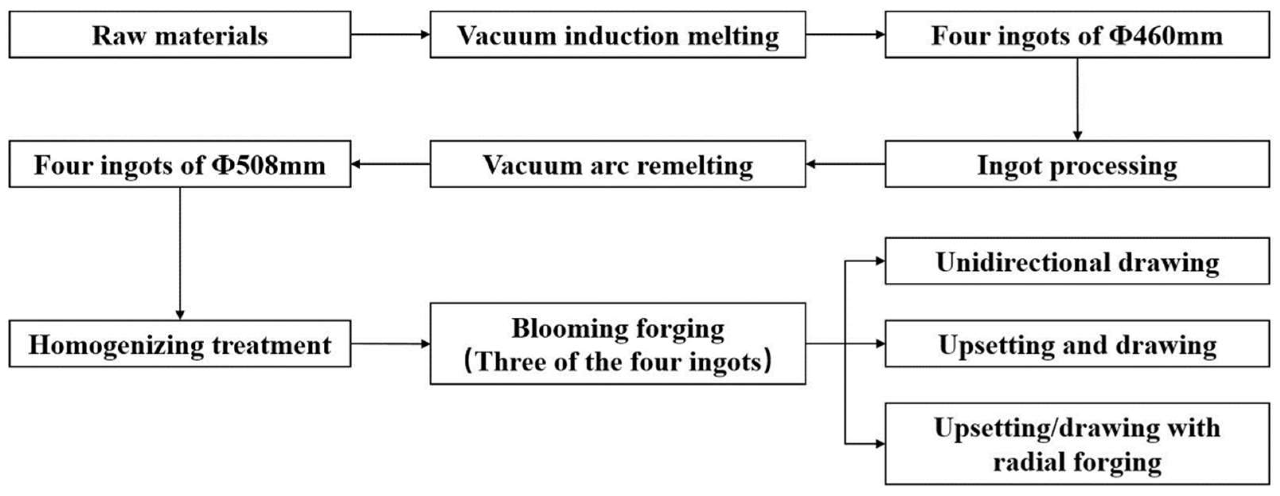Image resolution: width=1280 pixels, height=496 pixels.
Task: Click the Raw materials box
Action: [180, 35]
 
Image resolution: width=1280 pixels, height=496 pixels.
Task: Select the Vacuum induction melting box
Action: [618, 35]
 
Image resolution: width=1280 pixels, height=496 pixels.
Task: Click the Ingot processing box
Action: [1077, 164]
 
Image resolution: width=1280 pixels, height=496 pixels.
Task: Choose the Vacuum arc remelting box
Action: [618, 164]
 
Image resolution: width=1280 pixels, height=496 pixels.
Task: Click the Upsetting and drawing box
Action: [1077, 344]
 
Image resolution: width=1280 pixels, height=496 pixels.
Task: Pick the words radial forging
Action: [1077, 462]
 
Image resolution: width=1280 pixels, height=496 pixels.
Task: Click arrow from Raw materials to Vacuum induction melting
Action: [390, 34]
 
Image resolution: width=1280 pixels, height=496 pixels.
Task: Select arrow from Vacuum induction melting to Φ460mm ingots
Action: [845, 34]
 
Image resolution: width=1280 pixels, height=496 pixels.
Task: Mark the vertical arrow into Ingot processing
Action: [1077, 100]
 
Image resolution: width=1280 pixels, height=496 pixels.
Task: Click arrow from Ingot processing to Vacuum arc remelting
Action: [845, 164]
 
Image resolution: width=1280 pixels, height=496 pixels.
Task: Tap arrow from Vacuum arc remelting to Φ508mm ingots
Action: [390, 164]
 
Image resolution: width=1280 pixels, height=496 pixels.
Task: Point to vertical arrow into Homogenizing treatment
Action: [180, 254]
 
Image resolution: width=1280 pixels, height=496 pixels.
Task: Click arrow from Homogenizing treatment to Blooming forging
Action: [390, 343]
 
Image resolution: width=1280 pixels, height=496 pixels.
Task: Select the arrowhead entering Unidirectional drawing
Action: [880, 261]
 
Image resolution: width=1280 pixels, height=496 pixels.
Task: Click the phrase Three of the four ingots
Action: [618, 362]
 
